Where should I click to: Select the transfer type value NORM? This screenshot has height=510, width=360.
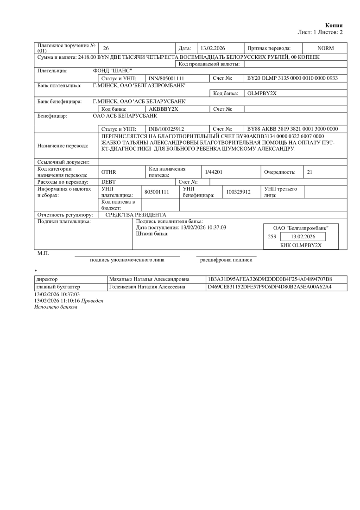click(x=325, y=48)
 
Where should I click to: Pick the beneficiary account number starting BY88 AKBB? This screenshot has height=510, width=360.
click(x=293, y=128)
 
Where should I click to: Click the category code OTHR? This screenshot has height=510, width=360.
click(x=108, y=172)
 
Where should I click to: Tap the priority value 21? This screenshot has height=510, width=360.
click(x=310, y=172)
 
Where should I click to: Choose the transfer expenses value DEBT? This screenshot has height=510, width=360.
click(x=108, y=181)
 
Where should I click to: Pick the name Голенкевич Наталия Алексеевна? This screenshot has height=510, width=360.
click(x=146, y=287)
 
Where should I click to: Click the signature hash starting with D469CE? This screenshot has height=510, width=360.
click(x=270, y=287)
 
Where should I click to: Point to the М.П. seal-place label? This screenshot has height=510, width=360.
click(x=43, y=254)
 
